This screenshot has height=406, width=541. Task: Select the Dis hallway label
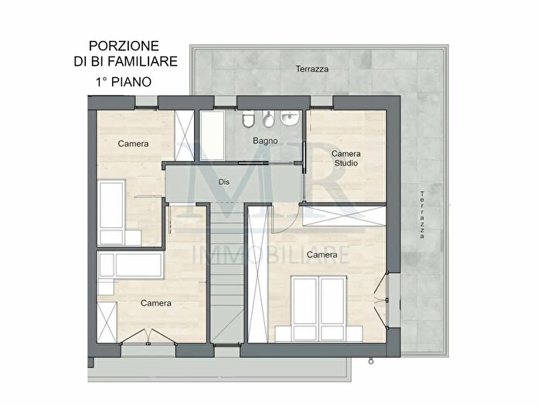224,183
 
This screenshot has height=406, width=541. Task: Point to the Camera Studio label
346,158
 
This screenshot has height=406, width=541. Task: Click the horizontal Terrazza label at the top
312,69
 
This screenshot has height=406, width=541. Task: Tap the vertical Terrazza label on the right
422,216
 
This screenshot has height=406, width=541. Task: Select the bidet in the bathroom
268,122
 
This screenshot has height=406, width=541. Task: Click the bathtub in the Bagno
213,135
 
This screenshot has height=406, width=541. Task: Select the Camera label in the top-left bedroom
133,144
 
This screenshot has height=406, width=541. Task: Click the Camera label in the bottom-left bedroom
156,303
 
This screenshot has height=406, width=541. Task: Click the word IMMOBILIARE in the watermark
274,254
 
